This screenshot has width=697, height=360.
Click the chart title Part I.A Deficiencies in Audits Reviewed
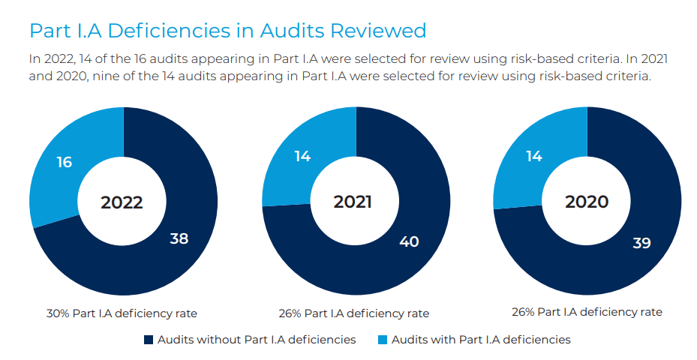click(x=227, y=31)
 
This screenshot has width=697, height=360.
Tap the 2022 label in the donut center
click(x=122, y=202)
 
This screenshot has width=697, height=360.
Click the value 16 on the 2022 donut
click(x=65, y=162)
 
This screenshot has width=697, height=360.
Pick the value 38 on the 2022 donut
click(x=179, y=239)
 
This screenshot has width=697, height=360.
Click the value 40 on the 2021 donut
click(x=409, y=241)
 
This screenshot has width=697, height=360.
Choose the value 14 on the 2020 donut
click(x=533, y=157)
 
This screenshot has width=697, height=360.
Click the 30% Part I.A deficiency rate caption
click(x=122, y=313)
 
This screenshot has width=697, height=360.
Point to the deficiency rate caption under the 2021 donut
click(x=353, y=313)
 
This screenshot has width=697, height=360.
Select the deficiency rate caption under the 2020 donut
click(x=587, y=311)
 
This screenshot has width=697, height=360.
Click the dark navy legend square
click(x=148, y=340)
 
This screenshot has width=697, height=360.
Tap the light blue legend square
click(x=382, y=340)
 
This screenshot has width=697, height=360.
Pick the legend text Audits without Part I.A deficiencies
click(x=257, y=340)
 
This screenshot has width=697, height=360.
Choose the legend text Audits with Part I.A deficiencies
click(x=480, y=340)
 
